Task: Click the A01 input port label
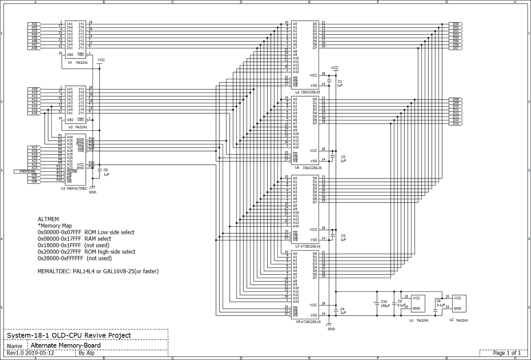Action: (35, 23)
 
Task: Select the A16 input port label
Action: (35, 113)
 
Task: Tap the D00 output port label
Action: (455, 23)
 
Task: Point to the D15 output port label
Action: (455, 124)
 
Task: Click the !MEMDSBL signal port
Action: (28, 171)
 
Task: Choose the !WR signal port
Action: (34, 182)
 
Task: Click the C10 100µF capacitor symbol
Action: (377, 303)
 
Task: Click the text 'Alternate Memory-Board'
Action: (65, 345)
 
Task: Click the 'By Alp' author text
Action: (86, 353)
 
